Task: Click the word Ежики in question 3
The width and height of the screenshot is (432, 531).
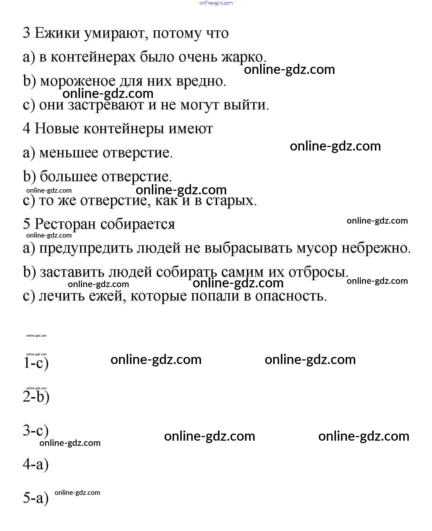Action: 57,33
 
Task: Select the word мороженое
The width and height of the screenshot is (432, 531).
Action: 78,81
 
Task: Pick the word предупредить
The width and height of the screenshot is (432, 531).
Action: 86,248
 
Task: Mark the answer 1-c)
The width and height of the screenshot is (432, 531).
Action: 36,363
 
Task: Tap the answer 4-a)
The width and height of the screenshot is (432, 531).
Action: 36,464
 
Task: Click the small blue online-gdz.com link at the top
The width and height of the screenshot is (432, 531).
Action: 216,3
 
